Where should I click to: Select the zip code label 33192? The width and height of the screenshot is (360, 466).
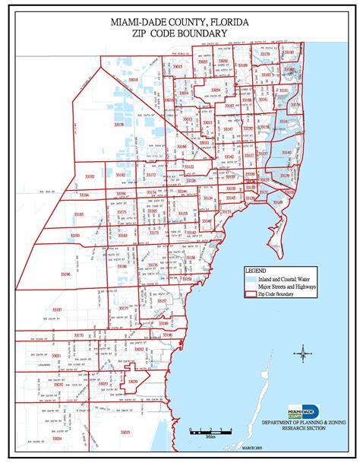[x=90, y=176]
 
